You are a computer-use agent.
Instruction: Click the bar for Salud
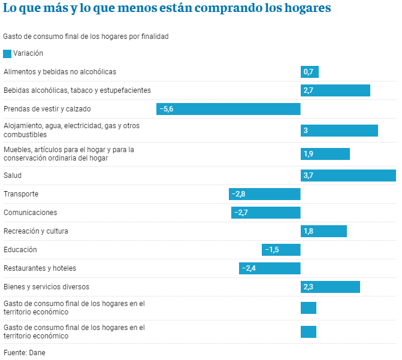pos(348,176)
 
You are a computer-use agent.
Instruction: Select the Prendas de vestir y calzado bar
pos(228,109)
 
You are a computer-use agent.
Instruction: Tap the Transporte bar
pos(264,194)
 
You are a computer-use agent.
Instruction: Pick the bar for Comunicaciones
pos(265,213)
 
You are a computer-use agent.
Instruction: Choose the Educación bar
pos(281,250)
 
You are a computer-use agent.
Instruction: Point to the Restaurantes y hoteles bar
pos(270,268)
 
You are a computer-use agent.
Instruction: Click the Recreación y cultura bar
pos(324,231)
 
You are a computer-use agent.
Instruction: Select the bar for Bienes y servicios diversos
pos(330,287)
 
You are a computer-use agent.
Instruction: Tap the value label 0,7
pos(309,72)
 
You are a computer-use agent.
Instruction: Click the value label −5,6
pos(165,109)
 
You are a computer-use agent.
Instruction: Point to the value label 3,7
pos(309,176)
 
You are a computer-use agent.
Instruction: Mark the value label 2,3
pos(309,287)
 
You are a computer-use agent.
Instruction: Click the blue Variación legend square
pos(7,53)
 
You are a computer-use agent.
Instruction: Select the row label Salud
pos(13,176)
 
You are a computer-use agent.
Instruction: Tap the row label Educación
pos(20,250)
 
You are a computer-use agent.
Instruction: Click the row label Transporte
pos(21,194)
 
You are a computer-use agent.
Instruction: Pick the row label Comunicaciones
pos(30,213)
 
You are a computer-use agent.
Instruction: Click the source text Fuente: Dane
pos(24,353)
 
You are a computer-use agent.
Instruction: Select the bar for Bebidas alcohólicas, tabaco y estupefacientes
pos(335,90)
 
